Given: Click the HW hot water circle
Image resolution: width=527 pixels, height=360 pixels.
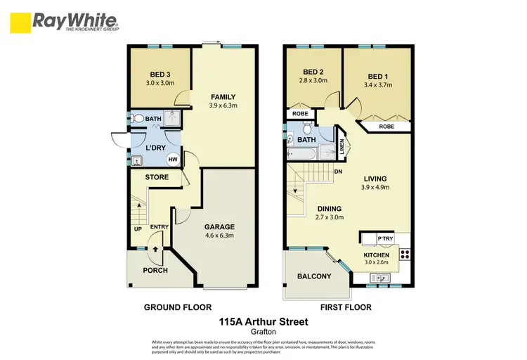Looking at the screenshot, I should [x=171, y=160].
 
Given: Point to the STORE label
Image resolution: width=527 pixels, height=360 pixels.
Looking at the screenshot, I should [x=157, y=177].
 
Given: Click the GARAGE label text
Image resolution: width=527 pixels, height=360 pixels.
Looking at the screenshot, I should [x=219, y=227].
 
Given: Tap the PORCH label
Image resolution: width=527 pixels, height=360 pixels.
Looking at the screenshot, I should [x=155, y=271].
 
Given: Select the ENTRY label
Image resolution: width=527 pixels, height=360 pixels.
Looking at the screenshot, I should [x=160, y=226].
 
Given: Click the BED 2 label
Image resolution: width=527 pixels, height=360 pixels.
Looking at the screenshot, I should [x=313, y=72].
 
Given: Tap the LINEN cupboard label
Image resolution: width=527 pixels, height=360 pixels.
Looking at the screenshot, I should [x=342, y=147].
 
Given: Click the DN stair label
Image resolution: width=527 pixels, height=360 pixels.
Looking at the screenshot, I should [x=338, y=171].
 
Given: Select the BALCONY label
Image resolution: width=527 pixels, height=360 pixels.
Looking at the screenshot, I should [x=314, y=276].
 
